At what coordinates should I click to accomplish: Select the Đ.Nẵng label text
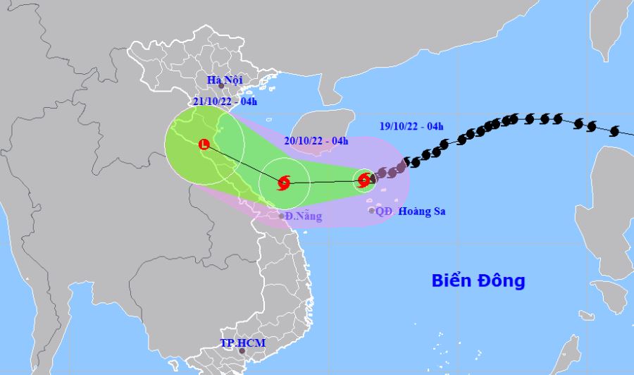[304, 216]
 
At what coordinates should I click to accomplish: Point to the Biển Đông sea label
[478, 281]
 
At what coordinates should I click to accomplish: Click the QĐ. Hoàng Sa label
[411, 211]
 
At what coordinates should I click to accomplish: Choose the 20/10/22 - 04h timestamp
[316, 141]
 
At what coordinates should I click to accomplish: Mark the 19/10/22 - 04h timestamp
[410, 127]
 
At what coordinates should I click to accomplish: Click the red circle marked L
[204, 145]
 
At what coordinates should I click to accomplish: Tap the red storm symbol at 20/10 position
[284, 183]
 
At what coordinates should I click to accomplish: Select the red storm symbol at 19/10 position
[363, 180]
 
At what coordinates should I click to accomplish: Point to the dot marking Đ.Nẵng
[281, 216]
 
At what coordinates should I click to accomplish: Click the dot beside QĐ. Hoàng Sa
[372, 211]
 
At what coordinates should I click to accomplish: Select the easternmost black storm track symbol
[614, 130]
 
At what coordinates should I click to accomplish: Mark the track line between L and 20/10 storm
[243, 164]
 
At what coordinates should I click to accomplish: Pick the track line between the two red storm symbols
[324, 182]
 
